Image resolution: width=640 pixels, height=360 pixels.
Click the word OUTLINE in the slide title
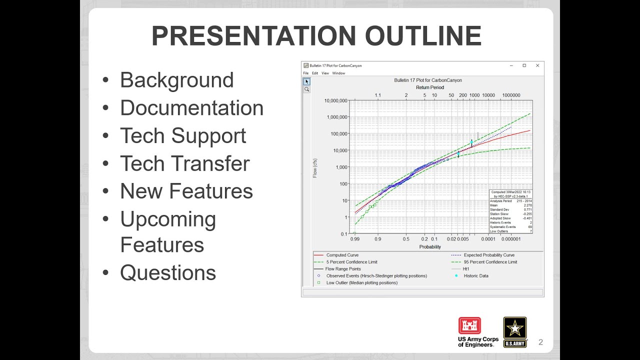click(x=423, y=36)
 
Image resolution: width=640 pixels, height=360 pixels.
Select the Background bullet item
click(x=176, y=80)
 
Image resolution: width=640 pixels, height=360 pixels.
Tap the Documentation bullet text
click(x=191, y=108)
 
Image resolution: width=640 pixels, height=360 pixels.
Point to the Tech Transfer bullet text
click(x=184, y=163)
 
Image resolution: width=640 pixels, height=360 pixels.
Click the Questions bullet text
click(x=168, y=272)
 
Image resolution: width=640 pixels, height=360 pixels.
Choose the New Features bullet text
click(x=186, y=191)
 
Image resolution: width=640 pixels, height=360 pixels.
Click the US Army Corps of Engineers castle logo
click(x=469, y=325)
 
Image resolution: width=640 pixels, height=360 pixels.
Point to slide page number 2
click(x=540, y=342)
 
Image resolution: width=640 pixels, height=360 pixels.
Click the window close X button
click(x=537, y=65)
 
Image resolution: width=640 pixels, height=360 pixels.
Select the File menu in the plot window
click(x=306, y=73)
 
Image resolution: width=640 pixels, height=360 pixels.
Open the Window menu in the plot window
click(x=338, y=73)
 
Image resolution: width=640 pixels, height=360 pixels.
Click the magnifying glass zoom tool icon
click(x=306, y=89)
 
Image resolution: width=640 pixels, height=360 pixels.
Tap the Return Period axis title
click(x=429, y=87)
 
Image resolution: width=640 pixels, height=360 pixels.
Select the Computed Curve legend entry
click(x=342, y=255)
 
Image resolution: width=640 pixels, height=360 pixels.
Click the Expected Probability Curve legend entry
click(x=488, y=255)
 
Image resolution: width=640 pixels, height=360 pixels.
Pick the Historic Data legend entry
click(x=476, y=275)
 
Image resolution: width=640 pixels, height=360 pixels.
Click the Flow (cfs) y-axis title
click(x=315, y=167)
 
